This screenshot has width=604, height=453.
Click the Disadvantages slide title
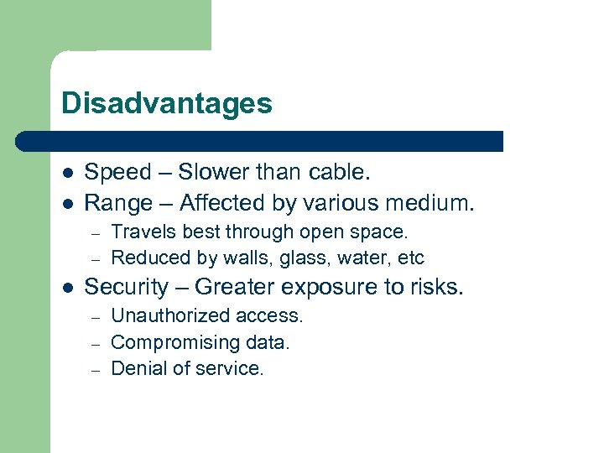[x=167, y=104]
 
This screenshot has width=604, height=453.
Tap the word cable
[x=337, y=173]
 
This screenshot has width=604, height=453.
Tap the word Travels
[x=139, y=232]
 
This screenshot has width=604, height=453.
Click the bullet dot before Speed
[x=67, y=174]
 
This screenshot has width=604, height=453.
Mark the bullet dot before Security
[x=67, y=288]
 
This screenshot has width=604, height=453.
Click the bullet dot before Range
[x=67, y=204]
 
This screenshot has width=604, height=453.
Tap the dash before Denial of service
[x=96, y=368]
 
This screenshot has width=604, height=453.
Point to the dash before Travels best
[x=96, y=232]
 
